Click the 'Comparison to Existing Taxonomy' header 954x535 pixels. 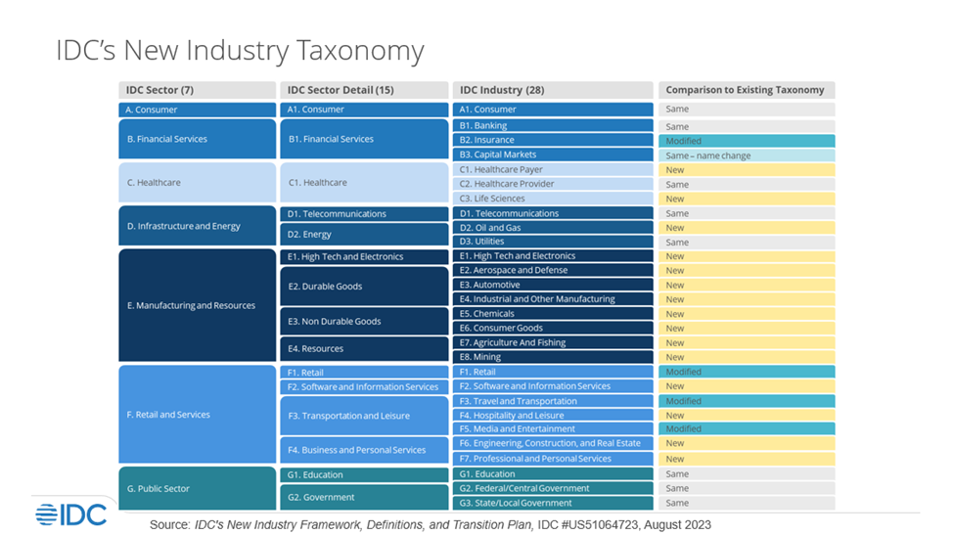[746, 90]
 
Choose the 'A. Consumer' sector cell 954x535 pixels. [197, 111]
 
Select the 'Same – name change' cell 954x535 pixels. [746, 155]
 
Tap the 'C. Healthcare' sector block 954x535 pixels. [197, 183]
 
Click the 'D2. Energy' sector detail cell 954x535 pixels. [363, 235]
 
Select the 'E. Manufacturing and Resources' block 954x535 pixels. [197, 305]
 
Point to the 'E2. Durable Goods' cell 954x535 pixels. [363, 287]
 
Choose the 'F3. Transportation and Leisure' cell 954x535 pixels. [363, 416]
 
